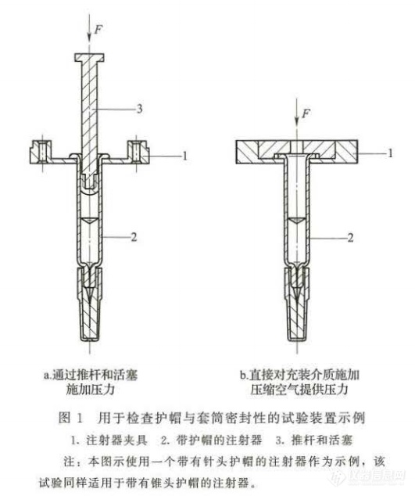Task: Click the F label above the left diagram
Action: [99, 30]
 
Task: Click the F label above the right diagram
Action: [306, 113]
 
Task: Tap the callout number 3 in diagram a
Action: [139, 109]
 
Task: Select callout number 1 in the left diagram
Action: [185, 156]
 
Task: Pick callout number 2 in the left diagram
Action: [134, 236]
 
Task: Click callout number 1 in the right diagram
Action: [390, 153]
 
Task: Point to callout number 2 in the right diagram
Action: [350, 238]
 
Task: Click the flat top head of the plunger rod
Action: [90, 57]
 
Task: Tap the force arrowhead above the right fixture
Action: [296, 120]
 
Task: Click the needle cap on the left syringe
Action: [90, 304]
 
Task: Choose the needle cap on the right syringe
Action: [297, 304]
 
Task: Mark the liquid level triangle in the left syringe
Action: [90, 221]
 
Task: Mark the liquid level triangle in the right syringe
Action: [297, 221]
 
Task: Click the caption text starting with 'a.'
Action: [91, 382]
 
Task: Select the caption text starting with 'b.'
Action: [299, 382]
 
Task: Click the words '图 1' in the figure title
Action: [70, 419]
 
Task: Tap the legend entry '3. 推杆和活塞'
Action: [313, 440]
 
